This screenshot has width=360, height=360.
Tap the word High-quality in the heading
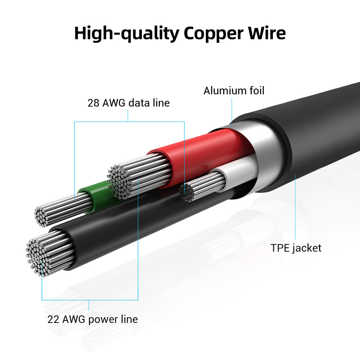(x=126, y=33)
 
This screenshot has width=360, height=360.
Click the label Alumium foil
(x=234, y=91)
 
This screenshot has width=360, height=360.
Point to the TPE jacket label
(x=296, y=248)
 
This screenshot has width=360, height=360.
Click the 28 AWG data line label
(x=129, y=103)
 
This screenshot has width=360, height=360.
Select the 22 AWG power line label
(x=93, y=319)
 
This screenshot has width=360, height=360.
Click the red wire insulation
(x=202, y=155)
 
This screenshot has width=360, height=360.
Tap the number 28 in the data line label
(x=94, y=103)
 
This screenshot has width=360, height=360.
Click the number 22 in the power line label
(x=54, y=319)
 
